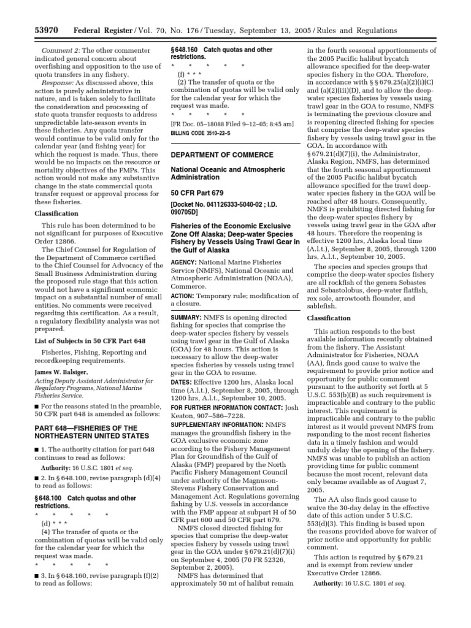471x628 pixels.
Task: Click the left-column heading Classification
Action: point(56,213)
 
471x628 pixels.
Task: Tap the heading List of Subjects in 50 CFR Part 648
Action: point(87,340)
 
